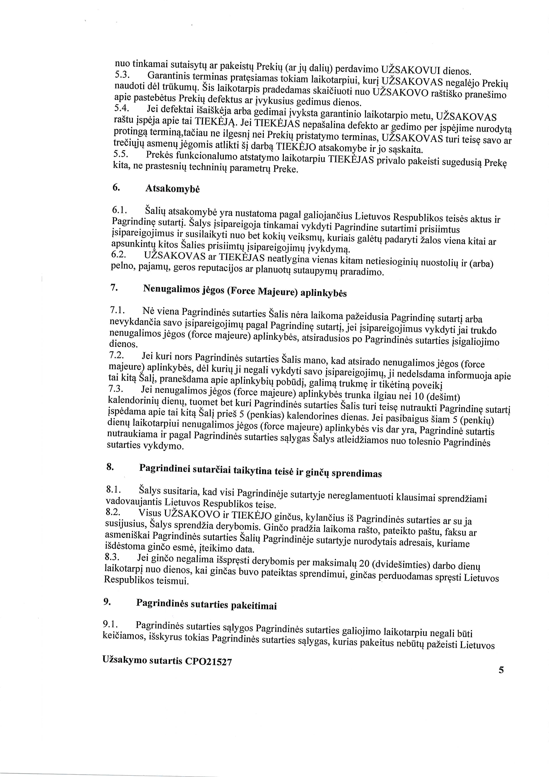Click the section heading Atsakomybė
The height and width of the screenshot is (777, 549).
tap(172, 189)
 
